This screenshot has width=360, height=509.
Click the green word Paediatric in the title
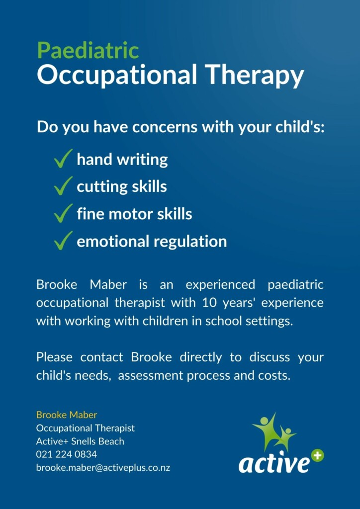88,51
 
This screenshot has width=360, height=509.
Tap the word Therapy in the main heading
255,76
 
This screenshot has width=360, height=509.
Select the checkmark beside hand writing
63,159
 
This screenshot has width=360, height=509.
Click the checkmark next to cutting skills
63,186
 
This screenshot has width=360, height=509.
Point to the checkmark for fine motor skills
63,213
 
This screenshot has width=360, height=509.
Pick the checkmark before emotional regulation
63,241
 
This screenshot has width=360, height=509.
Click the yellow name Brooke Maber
67,415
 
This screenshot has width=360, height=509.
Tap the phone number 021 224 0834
67,454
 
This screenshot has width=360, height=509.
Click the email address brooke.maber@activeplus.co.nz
103,468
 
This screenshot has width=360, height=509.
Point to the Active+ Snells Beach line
80,441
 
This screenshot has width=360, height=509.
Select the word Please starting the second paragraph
54,357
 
